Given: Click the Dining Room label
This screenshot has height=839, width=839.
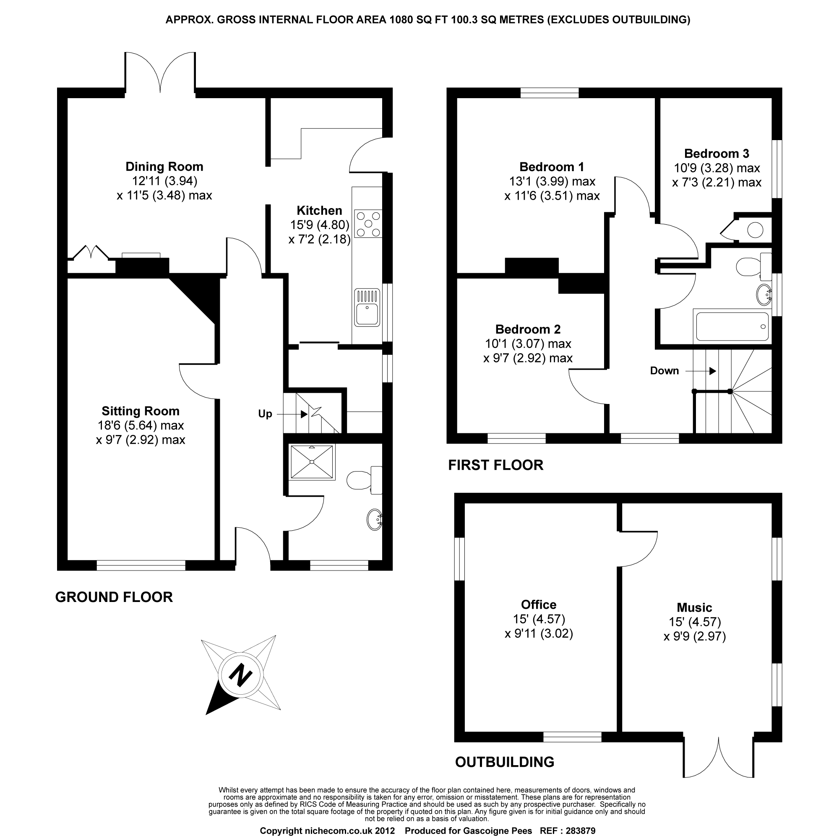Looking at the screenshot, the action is click(x=164, y=167).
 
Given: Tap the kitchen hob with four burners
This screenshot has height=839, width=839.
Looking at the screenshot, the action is click(x=368, y=224).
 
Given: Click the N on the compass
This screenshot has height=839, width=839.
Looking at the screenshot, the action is click(x=240, y=675).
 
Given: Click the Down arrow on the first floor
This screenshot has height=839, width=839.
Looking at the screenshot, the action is click(x=712, y=371).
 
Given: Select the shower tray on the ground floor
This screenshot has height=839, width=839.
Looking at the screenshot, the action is click(x=312, y=461).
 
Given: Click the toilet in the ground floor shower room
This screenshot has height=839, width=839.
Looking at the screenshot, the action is click(x=360, y=480).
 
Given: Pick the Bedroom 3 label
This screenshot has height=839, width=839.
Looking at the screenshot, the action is click(x=717, y=154).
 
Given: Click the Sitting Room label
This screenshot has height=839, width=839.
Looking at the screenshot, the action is click(x=140, y=411).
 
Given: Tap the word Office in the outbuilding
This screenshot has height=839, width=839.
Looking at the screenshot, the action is click(x=539, y=604).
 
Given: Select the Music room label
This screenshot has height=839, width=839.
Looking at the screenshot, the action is click(x=694, y=607).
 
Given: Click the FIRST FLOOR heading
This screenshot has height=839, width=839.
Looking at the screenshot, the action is click(x=495, y=465).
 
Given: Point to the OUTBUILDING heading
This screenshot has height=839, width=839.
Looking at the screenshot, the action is click(x=505, y=762).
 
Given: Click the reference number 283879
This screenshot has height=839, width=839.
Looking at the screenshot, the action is click(x=580, y=831).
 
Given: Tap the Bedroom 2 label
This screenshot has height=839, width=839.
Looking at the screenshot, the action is click(x=528, y=329).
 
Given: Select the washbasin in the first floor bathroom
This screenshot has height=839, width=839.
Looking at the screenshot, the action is click(x=764, y=294).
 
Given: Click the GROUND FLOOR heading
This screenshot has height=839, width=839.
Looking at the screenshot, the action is click(x=114, y=597).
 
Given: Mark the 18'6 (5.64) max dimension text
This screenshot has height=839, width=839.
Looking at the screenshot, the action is click(x=141, y=425).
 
